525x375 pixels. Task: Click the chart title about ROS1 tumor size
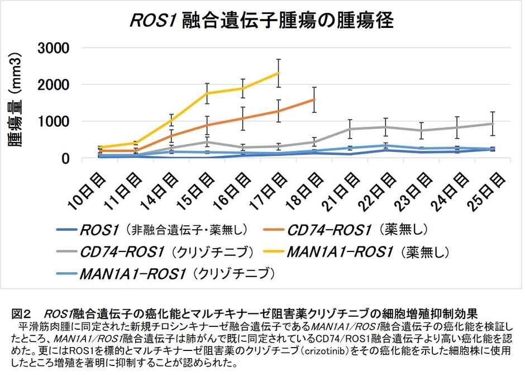coord(261,21)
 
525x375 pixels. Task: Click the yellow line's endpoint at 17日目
coord(278,73)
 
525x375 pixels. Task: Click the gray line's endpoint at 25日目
coord(492,124)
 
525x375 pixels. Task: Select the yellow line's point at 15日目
coord(207,93)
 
